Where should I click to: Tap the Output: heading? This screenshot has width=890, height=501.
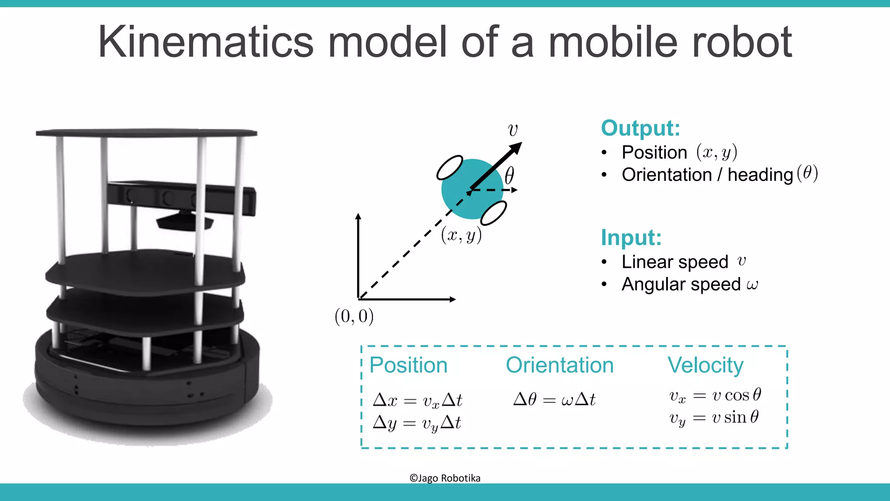click(640, 128)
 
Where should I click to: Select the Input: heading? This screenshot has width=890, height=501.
click(631, 237)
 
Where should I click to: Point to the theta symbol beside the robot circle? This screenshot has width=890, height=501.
click(509, 176)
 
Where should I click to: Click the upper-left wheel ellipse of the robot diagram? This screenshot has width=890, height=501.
click(449, 167)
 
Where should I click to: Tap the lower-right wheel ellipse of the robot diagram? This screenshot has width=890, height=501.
click(494, 213)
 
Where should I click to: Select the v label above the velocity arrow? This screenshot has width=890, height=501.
click(513, 130)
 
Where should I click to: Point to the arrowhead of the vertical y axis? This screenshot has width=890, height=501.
click(358, 217)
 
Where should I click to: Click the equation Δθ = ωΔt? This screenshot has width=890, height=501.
click(554, 399)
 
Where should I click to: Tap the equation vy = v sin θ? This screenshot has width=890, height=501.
click(714, 418)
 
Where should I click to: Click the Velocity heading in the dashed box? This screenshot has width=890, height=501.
click(705, 365)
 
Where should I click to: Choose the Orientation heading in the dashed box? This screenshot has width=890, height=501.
click(559, 365)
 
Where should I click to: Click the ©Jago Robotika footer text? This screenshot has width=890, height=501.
click(445, 478)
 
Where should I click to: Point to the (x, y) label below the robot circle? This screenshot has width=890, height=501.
click(461, 235)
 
